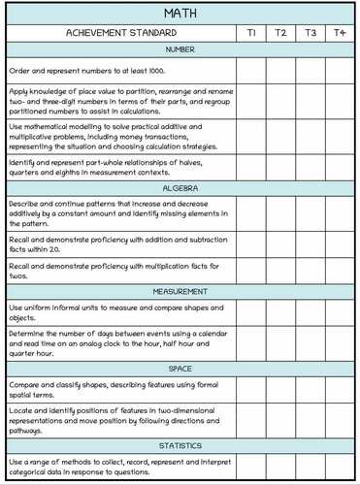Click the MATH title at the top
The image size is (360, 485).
click(180, 13)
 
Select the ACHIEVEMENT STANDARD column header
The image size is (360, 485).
click(120, 33)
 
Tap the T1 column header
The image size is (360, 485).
click(251, 33)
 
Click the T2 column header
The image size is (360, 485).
click(280, 33)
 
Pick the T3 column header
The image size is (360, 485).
click(311, 33)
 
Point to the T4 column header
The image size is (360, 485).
click(340, 33)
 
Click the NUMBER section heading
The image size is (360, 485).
click(180, 48)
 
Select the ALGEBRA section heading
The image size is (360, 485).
click(180, 188)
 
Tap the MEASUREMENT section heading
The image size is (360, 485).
click(180, 292)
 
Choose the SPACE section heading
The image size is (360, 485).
click(180, 370)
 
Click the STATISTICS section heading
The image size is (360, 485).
click(180, 446)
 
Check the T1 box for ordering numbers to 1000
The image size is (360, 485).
click(251, 70)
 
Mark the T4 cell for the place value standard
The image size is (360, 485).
click(340, 101)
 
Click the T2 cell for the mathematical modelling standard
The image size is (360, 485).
click(280, 138)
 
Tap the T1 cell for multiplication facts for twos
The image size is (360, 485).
click(251, 271)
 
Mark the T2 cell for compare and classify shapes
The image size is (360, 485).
click(280, 390)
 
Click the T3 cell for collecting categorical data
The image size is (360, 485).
click(311, 467)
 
